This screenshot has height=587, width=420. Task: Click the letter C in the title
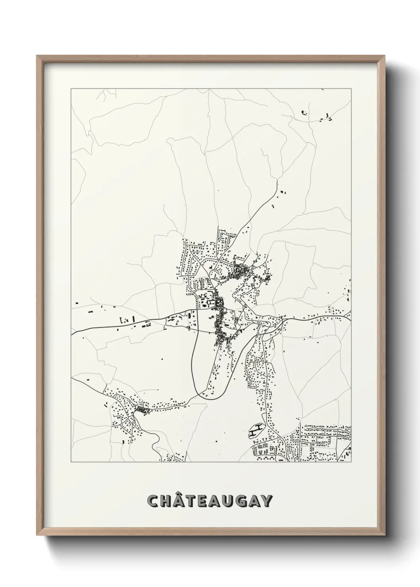[x=153, y=501]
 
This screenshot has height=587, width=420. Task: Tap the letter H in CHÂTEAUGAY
[x=167, y=501]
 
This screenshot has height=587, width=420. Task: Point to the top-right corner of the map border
[x=351, y=88]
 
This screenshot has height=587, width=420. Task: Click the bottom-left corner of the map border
[x=71, y=462]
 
